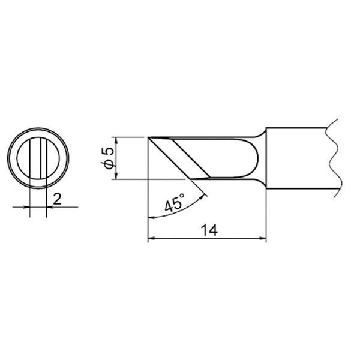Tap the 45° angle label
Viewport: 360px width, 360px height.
174,203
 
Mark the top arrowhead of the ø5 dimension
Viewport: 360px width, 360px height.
113,140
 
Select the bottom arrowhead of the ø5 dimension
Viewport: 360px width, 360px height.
113,175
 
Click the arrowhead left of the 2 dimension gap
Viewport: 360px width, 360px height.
28,207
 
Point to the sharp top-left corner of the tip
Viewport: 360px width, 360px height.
148,138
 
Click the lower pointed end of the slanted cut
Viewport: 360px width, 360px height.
208,178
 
